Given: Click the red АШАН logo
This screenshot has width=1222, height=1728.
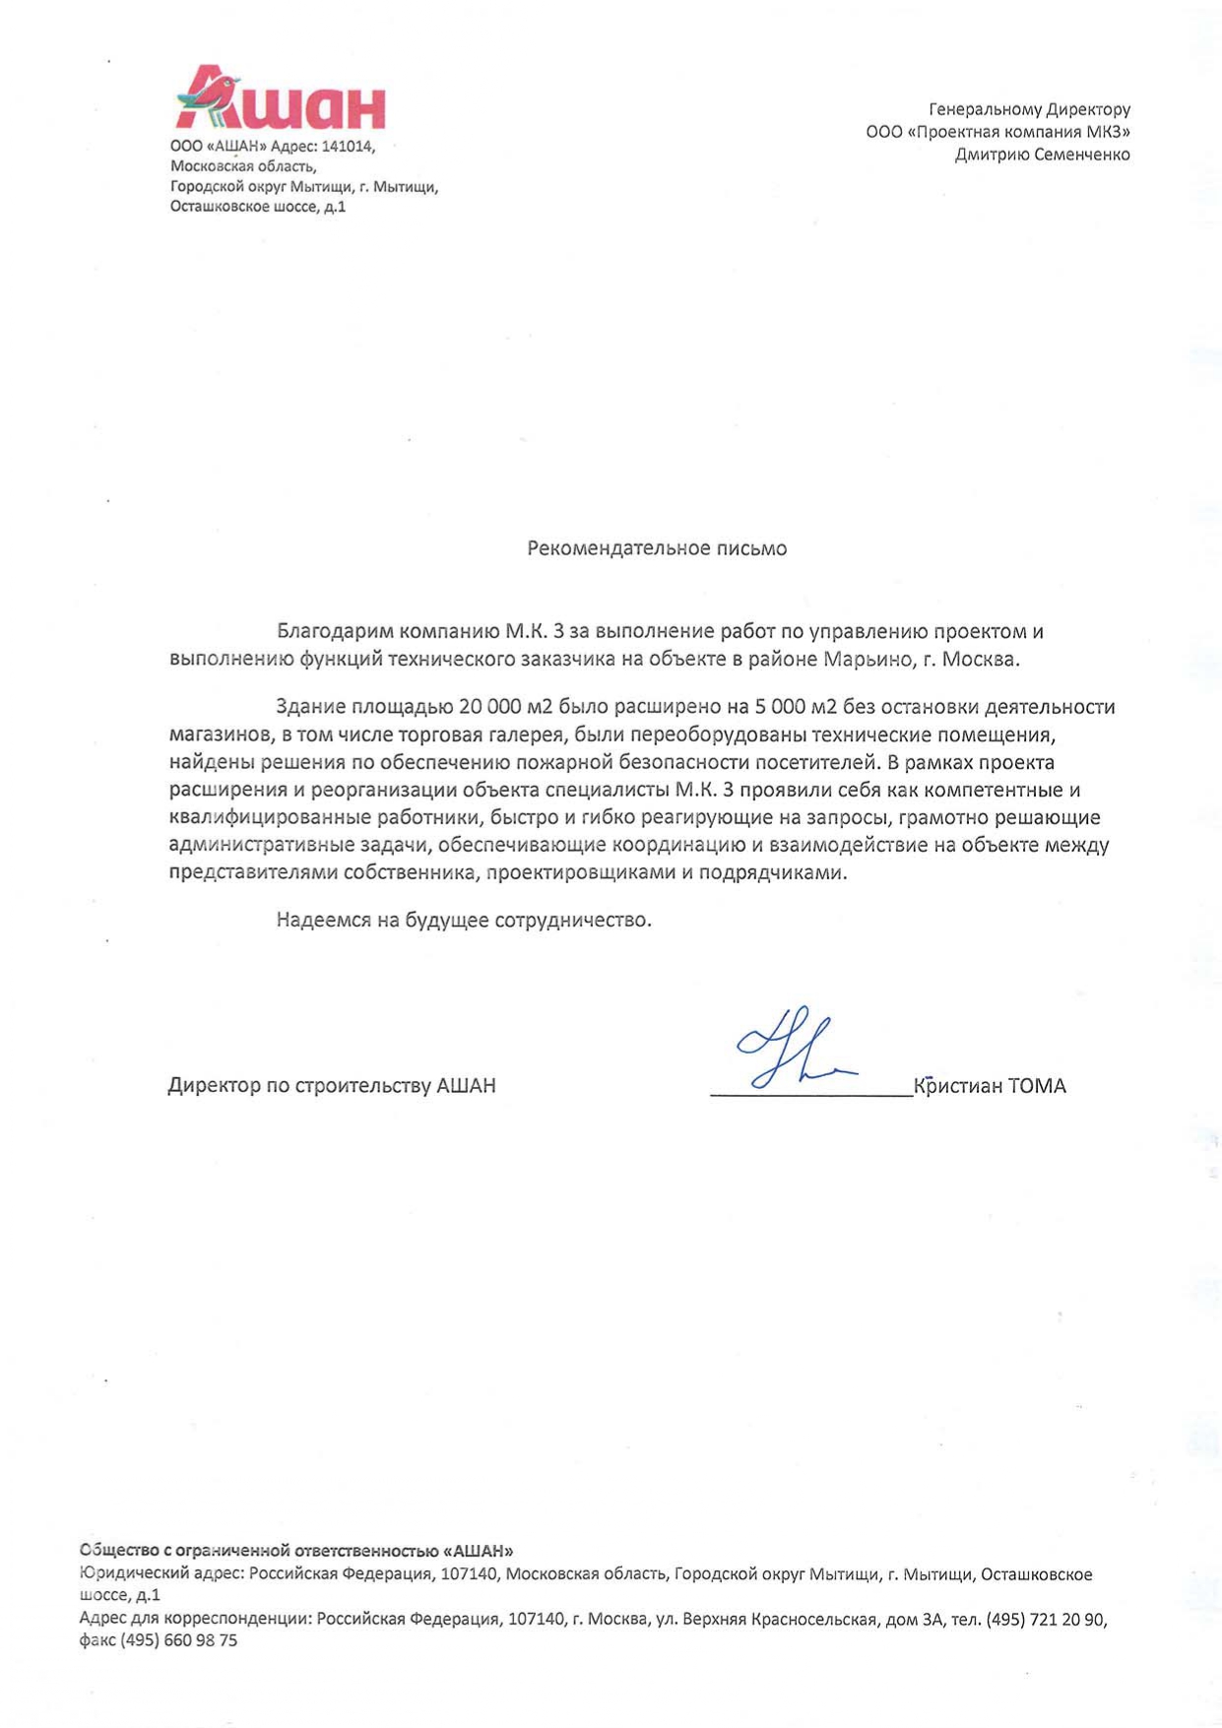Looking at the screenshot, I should pyautogui.click(x=281, y=98).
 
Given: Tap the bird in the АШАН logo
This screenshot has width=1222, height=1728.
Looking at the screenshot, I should pyautogui.click(x=209, y=94).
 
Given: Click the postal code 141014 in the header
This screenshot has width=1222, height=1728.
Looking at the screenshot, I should pyautogui.click(x=348, y=147).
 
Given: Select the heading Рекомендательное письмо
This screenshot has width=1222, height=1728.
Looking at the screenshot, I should pyautogui.click(x=657, y=548).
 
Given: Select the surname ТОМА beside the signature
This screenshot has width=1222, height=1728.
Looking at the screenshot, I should pyautogui.click(x=1037, y=1086).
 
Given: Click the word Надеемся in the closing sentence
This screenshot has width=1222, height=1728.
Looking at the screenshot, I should pyautogui.click(x=322, y=921).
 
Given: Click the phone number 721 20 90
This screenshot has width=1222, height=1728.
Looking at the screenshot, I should pyautogui.click(x=1067, y=1620).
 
